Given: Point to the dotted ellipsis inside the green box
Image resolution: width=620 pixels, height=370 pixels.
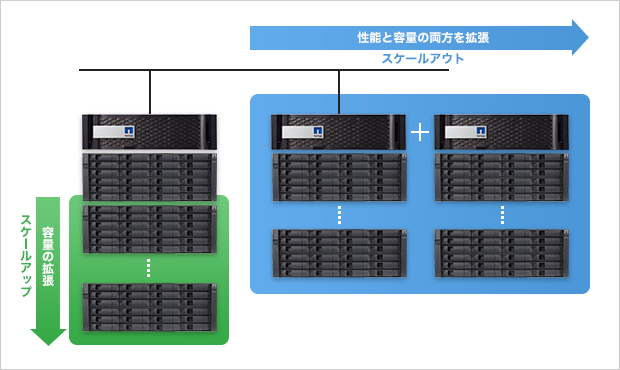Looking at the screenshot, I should click(x=148, y=268).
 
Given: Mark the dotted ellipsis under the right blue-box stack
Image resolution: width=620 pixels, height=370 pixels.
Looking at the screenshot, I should click(x=502, y=215).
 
